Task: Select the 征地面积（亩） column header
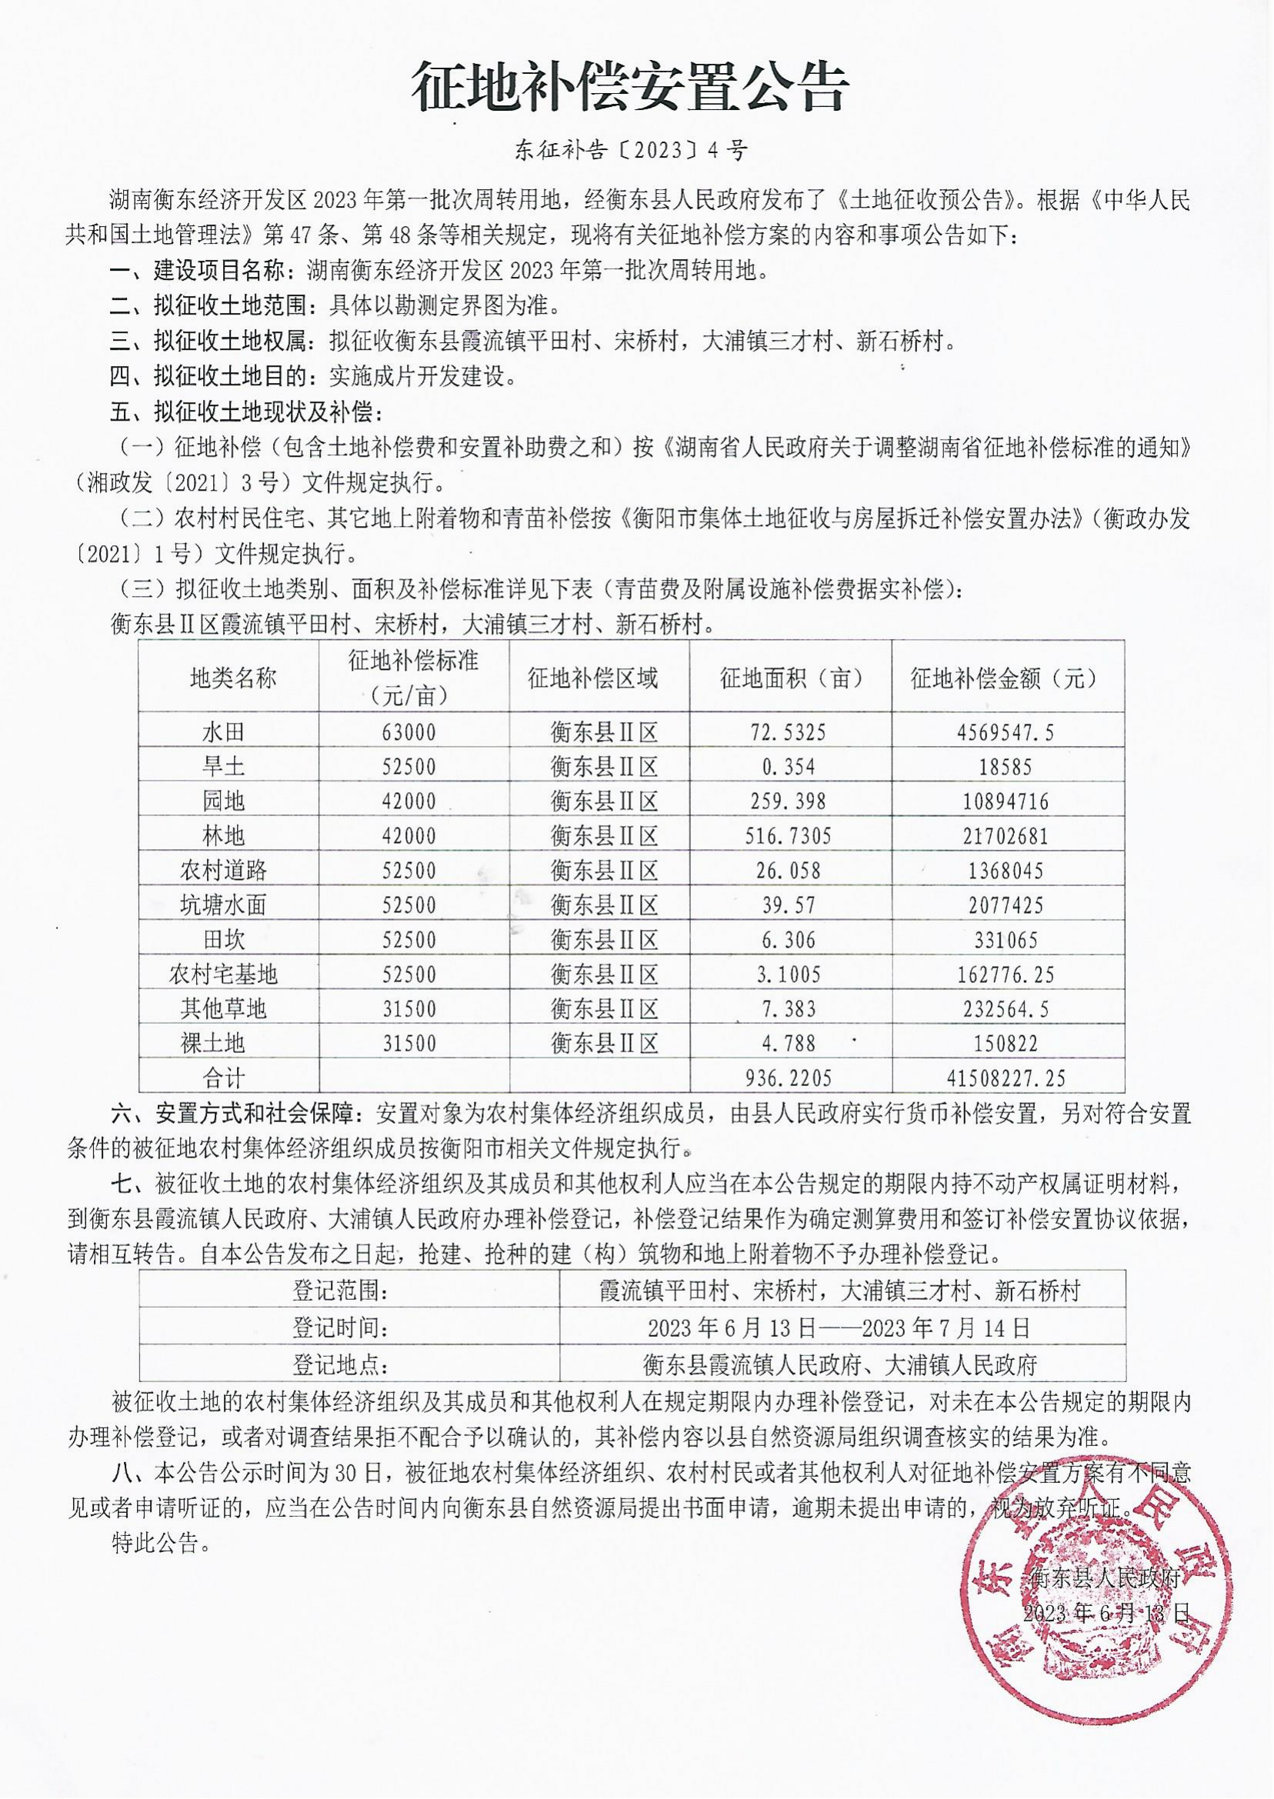coord(791,678)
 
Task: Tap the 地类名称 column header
coord(233,678)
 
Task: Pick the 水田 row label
coord(224,732)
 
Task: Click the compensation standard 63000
coord(409,732)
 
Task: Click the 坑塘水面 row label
coord(224,905)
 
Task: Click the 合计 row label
coord(224,1078)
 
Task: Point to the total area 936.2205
coord(786,1078)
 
